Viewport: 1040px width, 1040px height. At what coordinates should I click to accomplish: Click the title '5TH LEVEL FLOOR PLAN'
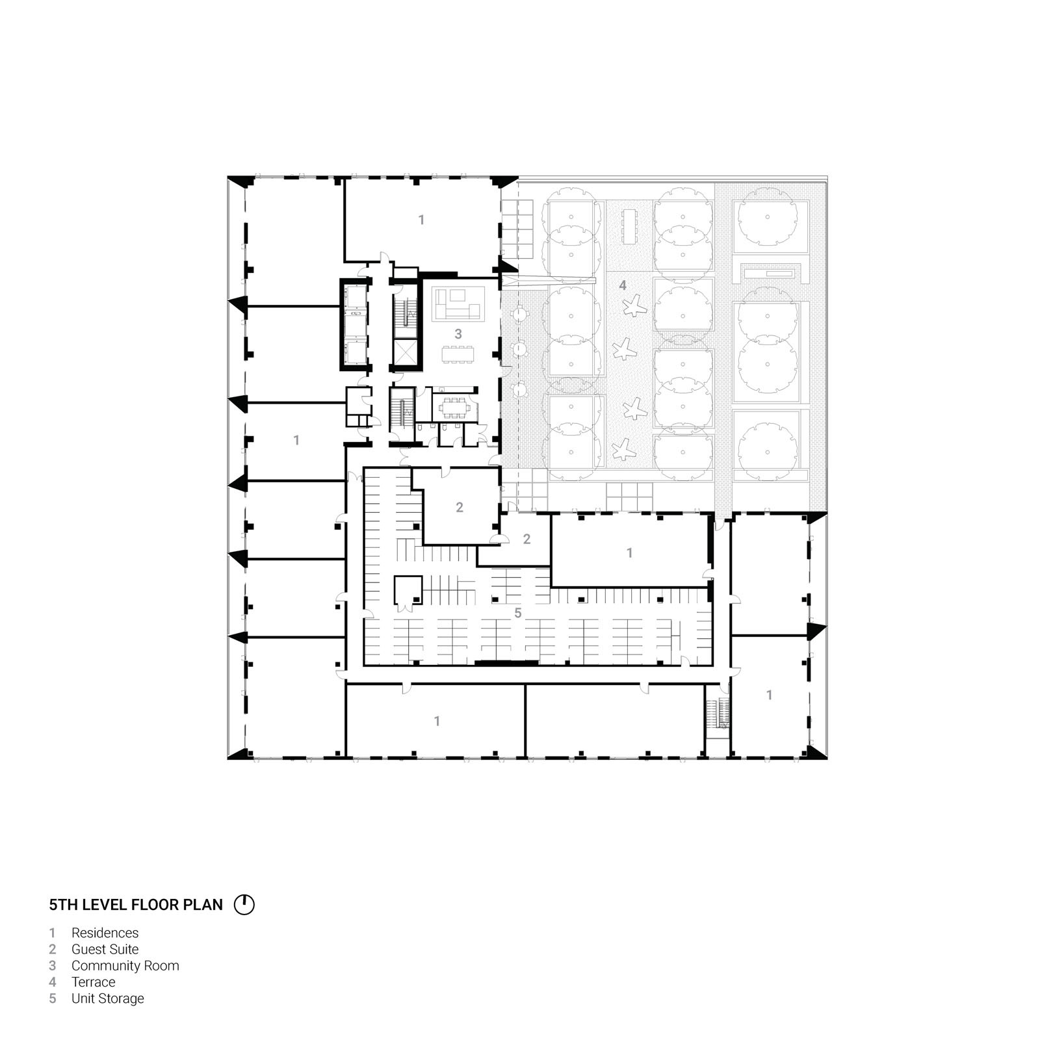[136, 905]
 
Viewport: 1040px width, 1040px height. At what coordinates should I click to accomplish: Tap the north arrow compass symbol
[244, 905]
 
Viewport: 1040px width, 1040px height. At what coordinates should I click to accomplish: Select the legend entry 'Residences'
[105, 933]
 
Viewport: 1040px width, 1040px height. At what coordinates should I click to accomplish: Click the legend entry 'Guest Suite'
[105, 950]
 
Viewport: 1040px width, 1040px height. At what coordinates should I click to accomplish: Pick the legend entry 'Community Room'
[125, 966]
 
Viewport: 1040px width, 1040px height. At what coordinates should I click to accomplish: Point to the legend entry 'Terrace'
[93, 982]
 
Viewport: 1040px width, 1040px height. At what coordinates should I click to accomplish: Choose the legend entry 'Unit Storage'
[107, 998]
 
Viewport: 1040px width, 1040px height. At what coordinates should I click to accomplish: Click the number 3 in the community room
[458, 334]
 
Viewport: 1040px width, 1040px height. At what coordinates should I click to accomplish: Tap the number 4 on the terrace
[623, 285]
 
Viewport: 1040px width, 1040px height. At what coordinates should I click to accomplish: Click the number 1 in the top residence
[421, 220]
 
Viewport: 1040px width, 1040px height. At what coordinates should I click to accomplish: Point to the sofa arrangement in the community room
[459, 304]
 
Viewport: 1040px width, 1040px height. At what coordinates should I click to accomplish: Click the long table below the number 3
[458, 354]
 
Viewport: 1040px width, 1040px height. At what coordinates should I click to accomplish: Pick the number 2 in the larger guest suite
[460, 507]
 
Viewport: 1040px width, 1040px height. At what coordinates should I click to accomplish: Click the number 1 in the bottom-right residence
[770, 695]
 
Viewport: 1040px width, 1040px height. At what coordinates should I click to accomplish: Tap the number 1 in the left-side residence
[296, 441]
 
